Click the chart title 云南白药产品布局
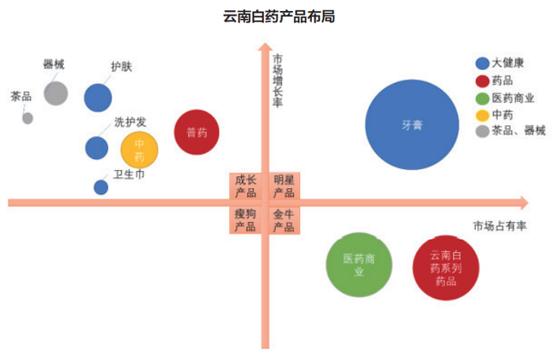(279, 16)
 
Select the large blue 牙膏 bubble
(412, 124)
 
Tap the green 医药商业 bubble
(359, 265)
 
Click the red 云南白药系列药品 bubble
(446, 268)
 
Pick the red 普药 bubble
(196, 132)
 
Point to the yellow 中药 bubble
(139, 150)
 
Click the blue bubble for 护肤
(98, 98)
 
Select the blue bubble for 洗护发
(97, 148)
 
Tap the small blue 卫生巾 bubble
(101, 187)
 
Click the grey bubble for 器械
(55, 93)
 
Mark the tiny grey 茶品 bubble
(28, 118)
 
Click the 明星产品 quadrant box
(284, 186)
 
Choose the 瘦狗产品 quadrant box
(245, 220)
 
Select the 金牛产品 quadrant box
(284, 220)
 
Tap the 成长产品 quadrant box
(245, 186)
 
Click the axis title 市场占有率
(499, 226)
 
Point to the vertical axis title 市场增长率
(277, 80)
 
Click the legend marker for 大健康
(482, 63)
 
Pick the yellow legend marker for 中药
(482, 115)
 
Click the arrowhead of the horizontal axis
(524, 203)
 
